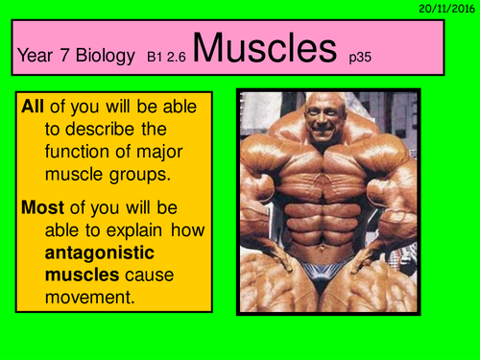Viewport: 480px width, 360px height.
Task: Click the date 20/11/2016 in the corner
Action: (x=446, y=8)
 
